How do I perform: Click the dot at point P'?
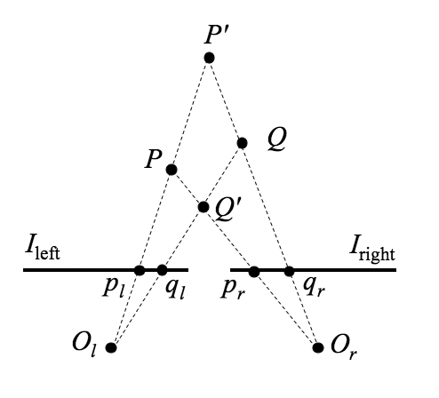[x=209, y=58]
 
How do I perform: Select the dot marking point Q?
[x=242, y=143]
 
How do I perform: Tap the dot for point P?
[x=172, y=170]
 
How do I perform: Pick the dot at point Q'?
[x=204, y=207]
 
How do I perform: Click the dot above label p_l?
[x=140, y=270]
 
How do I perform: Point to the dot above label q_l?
[x=162, y=270]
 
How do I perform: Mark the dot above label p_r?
[x=254, y=272]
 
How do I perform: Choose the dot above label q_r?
[x=289, y=271]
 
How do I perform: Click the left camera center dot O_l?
[x=111, y=347]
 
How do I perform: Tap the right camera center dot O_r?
[x=318, y=347]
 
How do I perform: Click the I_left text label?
[x=43, y=251]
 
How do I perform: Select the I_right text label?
[x=372, y=251]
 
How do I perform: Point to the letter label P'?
[x=213, y=35]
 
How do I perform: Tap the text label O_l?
[x=84, y=346]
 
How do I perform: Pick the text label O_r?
[x=344, y=347]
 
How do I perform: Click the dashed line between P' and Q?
[x=226, y=100]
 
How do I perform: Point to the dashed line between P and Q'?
[x=188, y=188]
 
